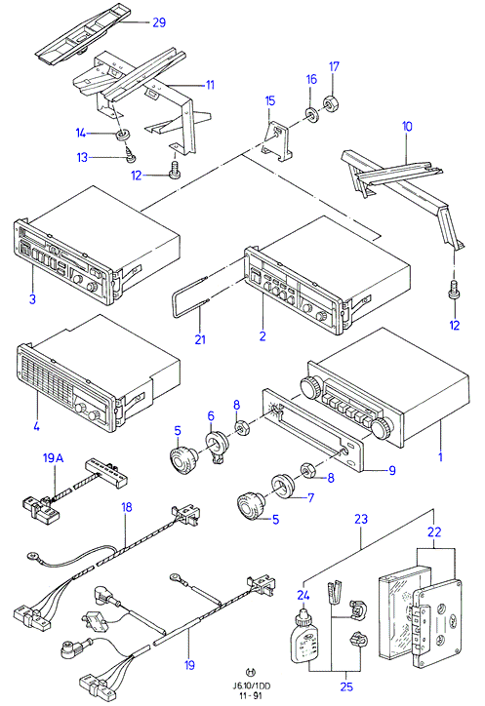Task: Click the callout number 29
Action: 159,22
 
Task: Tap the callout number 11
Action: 210,85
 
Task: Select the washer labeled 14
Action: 120,135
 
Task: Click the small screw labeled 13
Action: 131,156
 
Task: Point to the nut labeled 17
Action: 331,102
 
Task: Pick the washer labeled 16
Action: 311,114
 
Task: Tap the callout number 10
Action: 407,127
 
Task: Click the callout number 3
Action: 32,298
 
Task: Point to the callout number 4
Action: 36,425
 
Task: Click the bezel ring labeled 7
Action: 283,486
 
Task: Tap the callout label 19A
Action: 54,458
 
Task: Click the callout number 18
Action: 127,507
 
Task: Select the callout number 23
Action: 361,519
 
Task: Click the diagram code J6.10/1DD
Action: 252,686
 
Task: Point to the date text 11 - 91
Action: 252,695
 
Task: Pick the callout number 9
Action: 392,471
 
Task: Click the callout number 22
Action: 434,532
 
